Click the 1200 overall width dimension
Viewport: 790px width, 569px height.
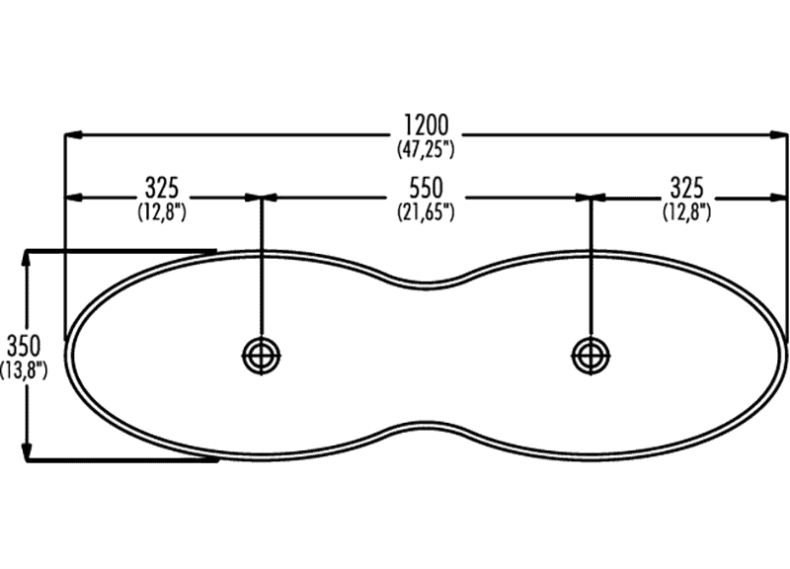pyautogui.click(x=426, y=125)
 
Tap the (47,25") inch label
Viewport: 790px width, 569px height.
pyautogui.click(x=426, y=149)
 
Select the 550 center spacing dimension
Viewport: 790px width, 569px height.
pyautogui.click(x=426, y=187)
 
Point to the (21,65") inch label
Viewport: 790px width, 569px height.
pyautogui.click(x=426, y=210)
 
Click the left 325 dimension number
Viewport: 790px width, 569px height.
pyautogui.click(x=161, y=187)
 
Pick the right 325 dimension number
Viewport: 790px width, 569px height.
pyautogui.click(x=685, y=187)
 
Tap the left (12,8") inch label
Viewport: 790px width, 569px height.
pyautogui.click(x=161, y=210)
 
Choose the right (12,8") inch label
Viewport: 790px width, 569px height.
pyautogui.click(x=685, y=210)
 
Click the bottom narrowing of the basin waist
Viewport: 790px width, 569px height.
pyautogui.click(x=426, y=425)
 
